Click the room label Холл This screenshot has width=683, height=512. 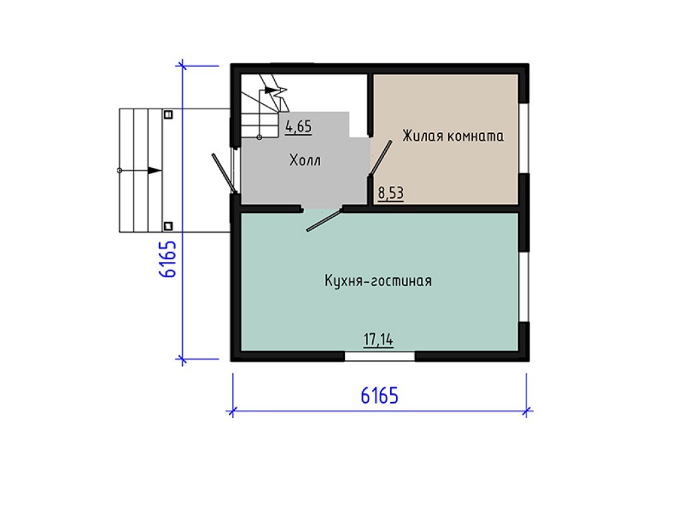305,160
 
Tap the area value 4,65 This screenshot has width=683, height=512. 298,127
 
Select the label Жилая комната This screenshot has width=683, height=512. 453,136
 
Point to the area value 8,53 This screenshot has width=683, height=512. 391,193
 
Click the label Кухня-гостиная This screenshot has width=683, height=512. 378,281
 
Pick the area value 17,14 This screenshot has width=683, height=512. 379,339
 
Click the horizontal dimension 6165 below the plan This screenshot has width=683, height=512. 380,396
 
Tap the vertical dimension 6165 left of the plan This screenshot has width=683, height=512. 167,259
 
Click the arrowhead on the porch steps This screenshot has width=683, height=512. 155,171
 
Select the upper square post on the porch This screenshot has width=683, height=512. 168,115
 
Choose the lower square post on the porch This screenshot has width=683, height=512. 168,226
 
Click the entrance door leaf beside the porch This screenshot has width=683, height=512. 224,173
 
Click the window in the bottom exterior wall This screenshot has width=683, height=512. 380,357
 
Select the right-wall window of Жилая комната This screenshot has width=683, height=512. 524,139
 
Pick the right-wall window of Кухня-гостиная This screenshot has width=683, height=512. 524,287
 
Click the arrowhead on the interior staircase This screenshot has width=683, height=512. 271,90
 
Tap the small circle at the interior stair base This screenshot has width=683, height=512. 259,137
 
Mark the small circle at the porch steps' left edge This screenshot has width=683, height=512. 120,171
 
